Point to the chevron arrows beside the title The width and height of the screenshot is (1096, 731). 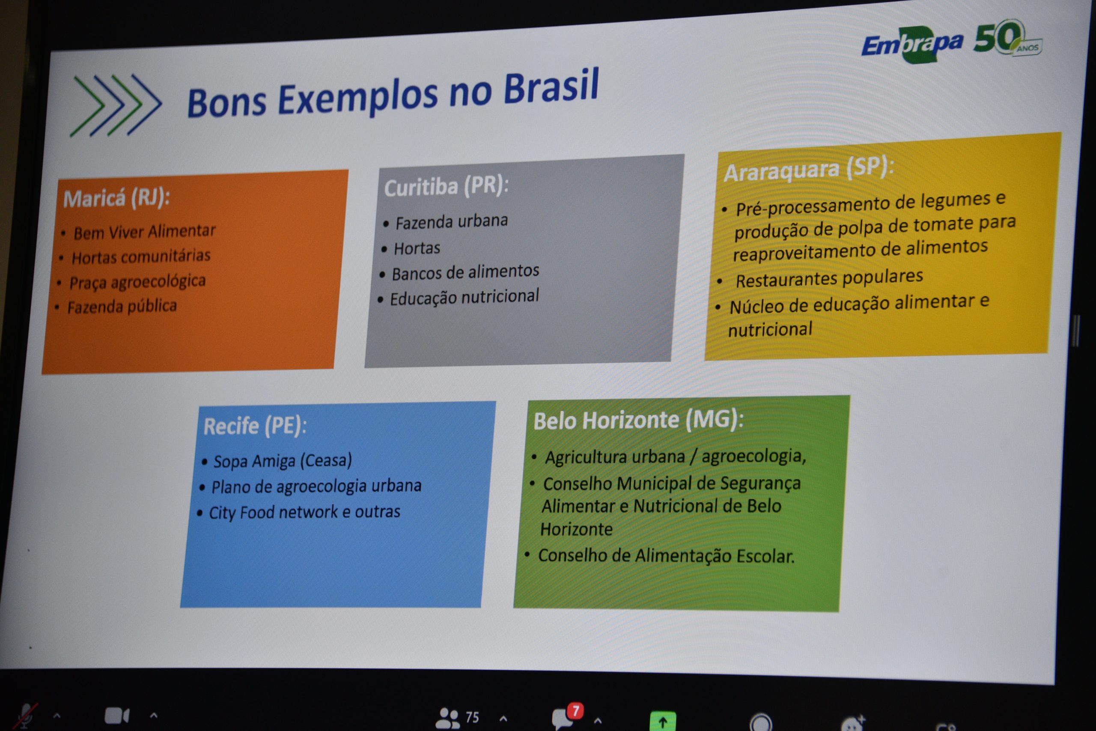tap(116, 105)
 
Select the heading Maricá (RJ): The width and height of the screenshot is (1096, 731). tap(116, 199)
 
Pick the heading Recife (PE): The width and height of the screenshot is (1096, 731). tap(255, 426)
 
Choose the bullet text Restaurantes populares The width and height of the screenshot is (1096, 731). tap(829, 279)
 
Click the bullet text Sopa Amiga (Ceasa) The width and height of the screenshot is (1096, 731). tap(283, 461)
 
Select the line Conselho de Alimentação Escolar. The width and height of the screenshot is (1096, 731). tap(666, 556)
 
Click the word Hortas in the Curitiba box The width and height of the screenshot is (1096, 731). tap(417, 248)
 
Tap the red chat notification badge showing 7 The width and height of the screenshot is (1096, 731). tap(576, 711)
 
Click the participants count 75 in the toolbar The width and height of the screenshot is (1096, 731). tap(472, 717)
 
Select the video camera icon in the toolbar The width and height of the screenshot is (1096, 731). tap(116, 716)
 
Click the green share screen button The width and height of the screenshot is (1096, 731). tap(663, 722)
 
